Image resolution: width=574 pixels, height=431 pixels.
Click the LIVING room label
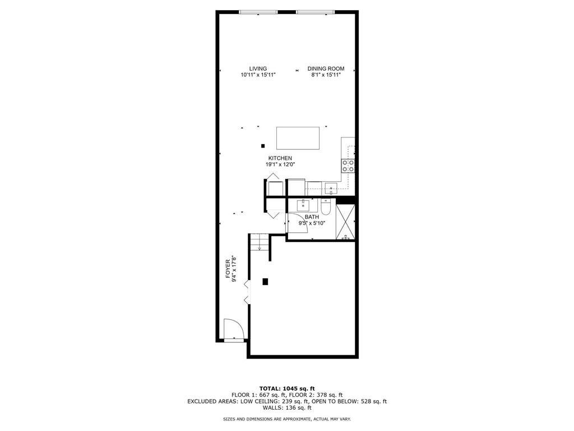point(258,68)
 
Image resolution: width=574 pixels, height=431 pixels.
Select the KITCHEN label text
point(280,158)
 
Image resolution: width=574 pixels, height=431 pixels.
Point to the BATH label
point(312,217)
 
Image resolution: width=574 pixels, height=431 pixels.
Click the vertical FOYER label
point(228,269)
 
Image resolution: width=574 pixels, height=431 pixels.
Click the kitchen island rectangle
point(298,137)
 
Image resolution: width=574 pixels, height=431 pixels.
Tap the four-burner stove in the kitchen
point(348,165)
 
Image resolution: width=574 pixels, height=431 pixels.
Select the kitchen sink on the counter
point(332,188)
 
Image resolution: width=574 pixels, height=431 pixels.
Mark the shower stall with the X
point(345,222)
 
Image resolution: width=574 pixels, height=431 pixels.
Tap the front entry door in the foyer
point(232,329)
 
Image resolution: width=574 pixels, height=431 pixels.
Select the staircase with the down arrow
point(259,242)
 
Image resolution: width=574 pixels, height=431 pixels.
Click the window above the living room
point(258,12)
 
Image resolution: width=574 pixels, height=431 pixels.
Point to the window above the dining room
point(316,12)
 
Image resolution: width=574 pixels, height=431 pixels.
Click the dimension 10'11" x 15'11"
point(258,75)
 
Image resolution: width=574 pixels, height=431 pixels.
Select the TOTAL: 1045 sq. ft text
point(287,388)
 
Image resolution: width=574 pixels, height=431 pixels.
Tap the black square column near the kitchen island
point(262,146)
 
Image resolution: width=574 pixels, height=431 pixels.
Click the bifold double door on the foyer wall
point(246,292)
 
